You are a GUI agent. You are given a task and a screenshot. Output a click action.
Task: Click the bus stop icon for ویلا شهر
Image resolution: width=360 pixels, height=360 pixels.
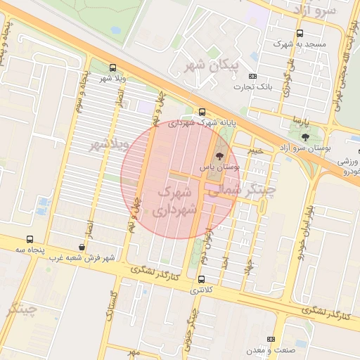[113, 68]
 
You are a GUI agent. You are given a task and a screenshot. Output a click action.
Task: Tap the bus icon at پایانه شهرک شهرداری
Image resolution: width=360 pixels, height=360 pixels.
[202, 112]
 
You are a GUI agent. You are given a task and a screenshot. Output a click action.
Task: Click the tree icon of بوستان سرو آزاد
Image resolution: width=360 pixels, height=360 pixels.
[304, 137]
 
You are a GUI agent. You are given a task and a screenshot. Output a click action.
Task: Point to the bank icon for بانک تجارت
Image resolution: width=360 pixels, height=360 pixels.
[253, 77]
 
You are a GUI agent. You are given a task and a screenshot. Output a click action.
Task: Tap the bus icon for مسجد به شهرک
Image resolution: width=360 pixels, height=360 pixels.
[300, 33]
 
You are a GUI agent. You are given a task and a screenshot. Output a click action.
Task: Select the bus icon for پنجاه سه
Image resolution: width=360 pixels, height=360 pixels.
[30, 239]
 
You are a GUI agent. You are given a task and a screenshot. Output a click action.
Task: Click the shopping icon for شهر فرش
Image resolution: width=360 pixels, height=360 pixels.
[82, 247]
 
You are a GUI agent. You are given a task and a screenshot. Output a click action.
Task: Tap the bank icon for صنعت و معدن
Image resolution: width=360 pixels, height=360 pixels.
[271, 340]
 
